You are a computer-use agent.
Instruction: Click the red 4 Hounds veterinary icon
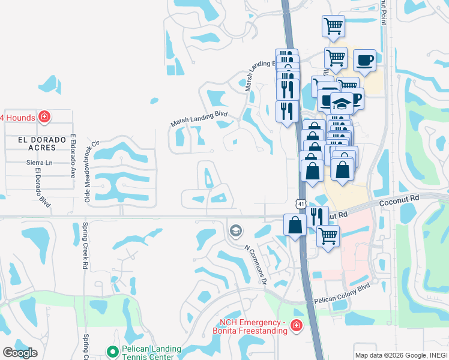tap(44, 116)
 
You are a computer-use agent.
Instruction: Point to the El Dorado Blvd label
tap(43, 190)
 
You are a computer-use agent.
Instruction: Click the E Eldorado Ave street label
tap(73, 156)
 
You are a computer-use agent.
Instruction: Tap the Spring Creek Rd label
tap(85, 245)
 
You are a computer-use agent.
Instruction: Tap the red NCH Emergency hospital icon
tap(296, 325)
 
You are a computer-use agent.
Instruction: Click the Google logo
tap(20, 353)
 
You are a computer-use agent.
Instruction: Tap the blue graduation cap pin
tap(342, 102)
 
